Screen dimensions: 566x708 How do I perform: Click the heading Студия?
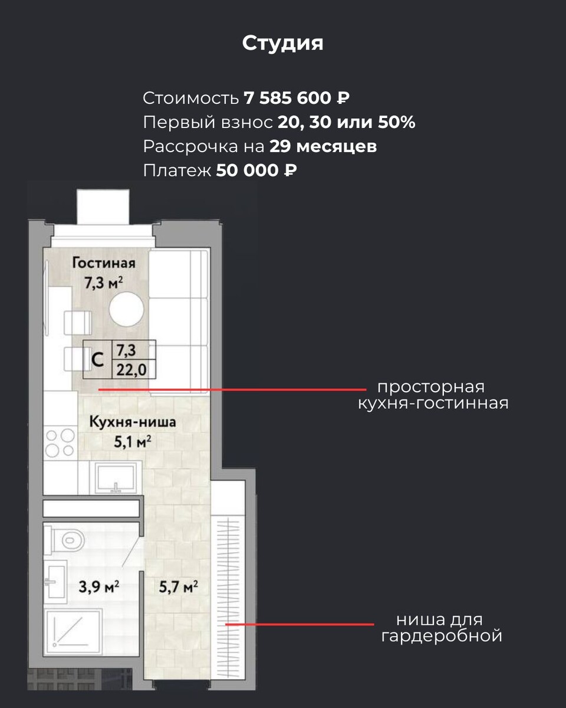tap(282, 44)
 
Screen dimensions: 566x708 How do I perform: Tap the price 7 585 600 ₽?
tap(297, 98)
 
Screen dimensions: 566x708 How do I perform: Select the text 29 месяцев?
tap(323, 146)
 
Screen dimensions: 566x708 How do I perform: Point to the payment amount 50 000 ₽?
tap(256, 171)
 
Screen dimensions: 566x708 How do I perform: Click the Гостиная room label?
tap(104, 263)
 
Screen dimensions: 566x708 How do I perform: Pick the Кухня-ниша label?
tap(133, 422)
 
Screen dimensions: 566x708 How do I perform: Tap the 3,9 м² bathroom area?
tap(98, 586)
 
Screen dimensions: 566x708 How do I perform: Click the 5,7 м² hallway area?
tap(178, 586)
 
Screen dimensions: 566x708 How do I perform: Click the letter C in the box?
tap(97, 359)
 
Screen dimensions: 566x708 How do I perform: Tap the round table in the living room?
tap(126, 309)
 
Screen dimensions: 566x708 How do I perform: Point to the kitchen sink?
tap(116, 478)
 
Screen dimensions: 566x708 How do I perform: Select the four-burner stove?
tap(60, 443)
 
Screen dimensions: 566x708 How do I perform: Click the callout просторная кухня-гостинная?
tap(433, 395)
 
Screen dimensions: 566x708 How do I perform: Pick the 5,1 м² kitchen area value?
tap(133, 442)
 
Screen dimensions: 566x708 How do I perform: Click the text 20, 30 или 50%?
tap(346, 122)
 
